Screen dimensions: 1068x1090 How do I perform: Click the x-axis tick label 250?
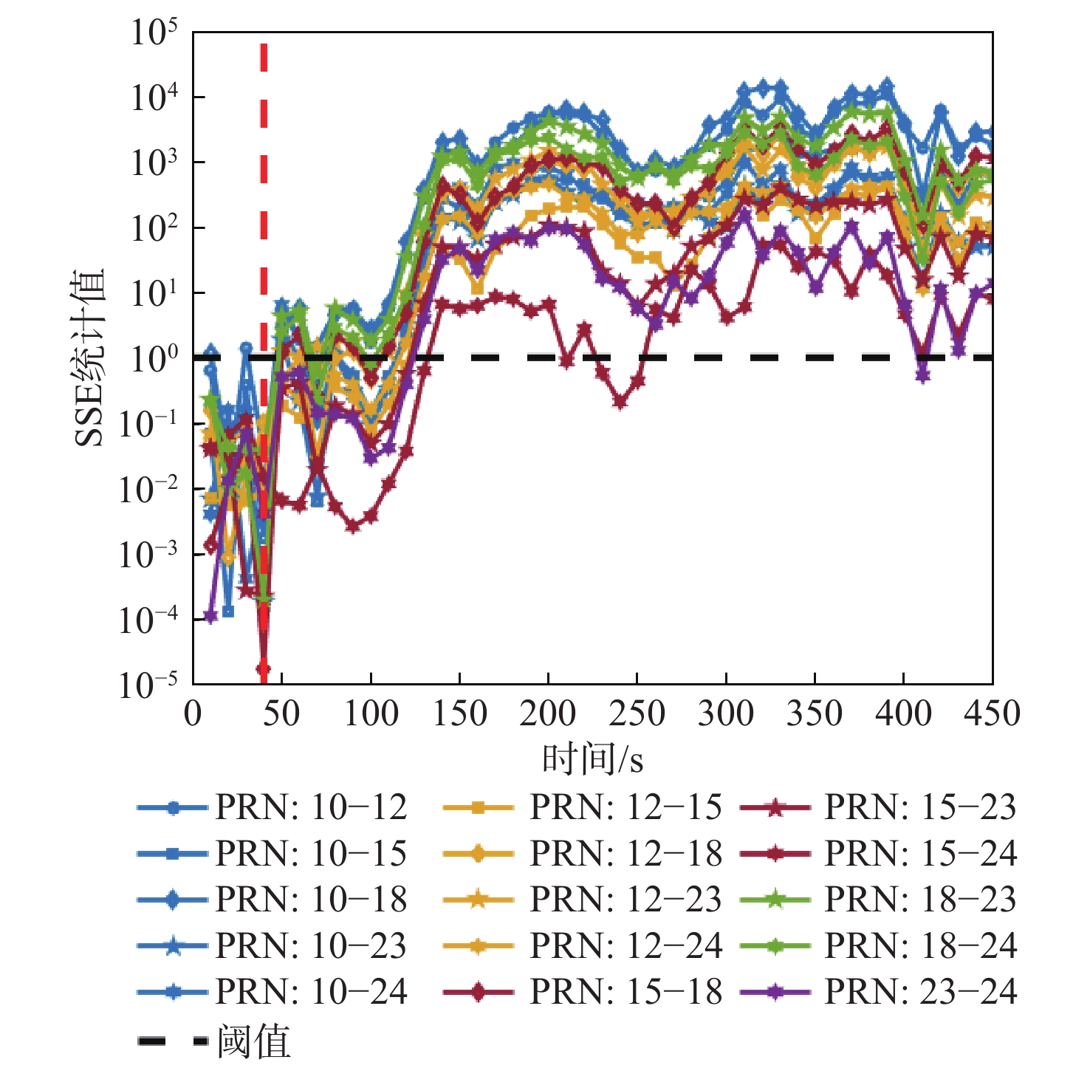click(637, 714)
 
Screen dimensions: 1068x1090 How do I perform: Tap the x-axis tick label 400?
click(903, 714)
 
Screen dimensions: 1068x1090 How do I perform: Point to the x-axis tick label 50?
click(281, 714)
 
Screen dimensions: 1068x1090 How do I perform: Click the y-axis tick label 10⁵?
click(154, 33)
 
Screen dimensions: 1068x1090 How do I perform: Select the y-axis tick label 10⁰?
click(154, 359)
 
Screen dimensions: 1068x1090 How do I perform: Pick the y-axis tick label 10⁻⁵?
click(148, 685)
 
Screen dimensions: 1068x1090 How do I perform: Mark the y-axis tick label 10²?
click(154, 229)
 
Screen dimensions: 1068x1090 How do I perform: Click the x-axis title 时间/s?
click(592, 759)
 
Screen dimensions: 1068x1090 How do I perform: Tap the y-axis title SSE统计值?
click(90, 358)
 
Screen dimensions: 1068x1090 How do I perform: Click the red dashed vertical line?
click(264, 185)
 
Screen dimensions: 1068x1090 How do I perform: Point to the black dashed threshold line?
click(738, 358)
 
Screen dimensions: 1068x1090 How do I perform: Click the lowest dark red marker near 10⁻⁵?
click(263, 669)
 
